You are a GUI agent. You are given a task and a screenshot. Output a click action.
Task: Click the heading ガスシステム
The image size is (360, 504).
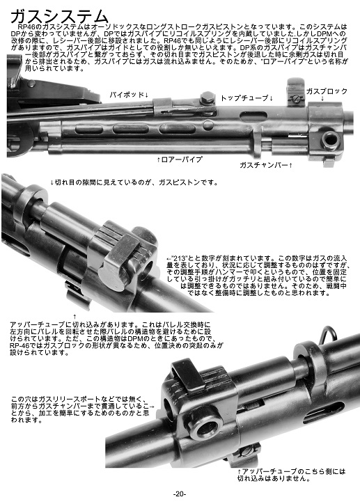[x=59, y=17]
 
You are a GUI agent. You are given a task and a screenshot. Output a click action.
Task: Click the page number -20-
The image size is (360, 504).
[x=180, y=494]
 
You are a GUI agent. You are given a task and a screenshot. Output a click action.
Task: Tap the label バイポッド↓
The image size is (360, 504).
[x=129, y=95]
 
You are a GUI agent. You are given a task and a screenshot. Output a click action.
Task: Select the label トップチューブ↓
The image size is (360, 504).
[x=247, y=98]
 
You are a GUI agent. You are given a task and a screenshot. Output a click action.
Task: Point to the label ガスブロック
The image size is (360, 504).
[x=327, y=91]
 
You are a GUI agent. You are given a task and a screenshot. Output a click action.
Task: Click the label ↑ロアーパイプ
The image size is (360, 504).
[x=180, y=159]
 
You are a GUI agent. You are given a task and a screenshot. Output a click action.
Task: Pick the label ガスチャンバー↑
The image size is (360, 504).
[x=266, y=165]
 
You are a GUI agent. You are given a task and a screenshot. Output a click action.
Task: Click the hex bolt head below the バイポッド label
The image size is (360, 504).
[x=207, y=97]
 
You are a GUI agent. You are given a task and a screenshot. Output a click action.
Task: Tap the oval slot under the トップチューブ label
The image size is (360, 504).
[x=253, y=116]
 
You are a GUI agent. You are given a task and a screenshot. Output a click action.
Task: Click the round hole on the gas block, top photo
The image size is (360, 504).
[x=331, y=139]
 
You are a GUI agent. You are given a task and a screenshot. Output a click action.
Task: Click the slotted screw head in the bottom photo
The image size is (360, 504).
[x=248, y=451]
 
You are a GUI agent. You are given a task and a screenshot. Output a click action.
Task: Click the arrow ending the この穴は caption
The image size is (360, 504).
[x=152, y=407]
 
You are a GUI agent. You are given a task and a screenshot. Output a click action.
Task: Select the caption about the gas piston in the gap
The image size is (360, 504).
[x=134, y=182]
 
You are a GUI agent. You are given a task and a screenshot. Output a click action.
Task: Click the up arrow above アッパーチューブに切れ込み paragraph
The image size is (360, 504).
[x=75, y=317]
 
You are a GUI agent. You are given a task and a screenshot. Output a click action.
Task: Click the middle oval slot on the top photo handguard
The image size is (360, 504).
[x=131, y=129]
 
